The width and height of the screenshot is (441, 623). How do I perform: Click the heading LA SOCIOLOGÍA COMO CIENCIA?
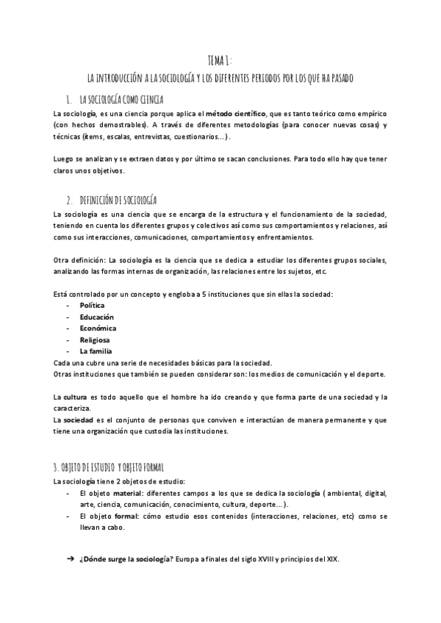pos(121,99)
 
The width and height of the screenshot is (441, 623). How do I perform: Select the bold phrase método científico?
pos(237,113)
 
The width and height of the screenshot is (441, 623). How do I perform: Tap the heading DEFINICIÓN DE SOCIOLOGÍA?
pos(118,200)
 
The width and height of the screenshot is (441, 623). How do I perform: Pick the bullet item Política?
pos(92,305)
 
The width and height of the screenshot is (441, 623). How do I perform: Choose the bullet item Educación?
pos(96,317)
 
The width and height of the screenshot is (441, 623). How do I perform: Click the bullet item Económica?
pos(98,328)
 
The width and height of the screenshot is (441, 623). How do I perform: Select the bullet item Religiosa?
pos(95,340)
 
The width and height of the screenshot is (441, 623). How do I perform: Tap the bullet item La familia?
pos(96,352)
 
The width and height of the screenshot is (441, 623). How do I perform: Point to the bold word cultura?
pos(80,397)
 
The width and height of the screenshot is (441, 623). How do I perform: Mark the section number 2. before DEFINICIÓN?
pos(68,200)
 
